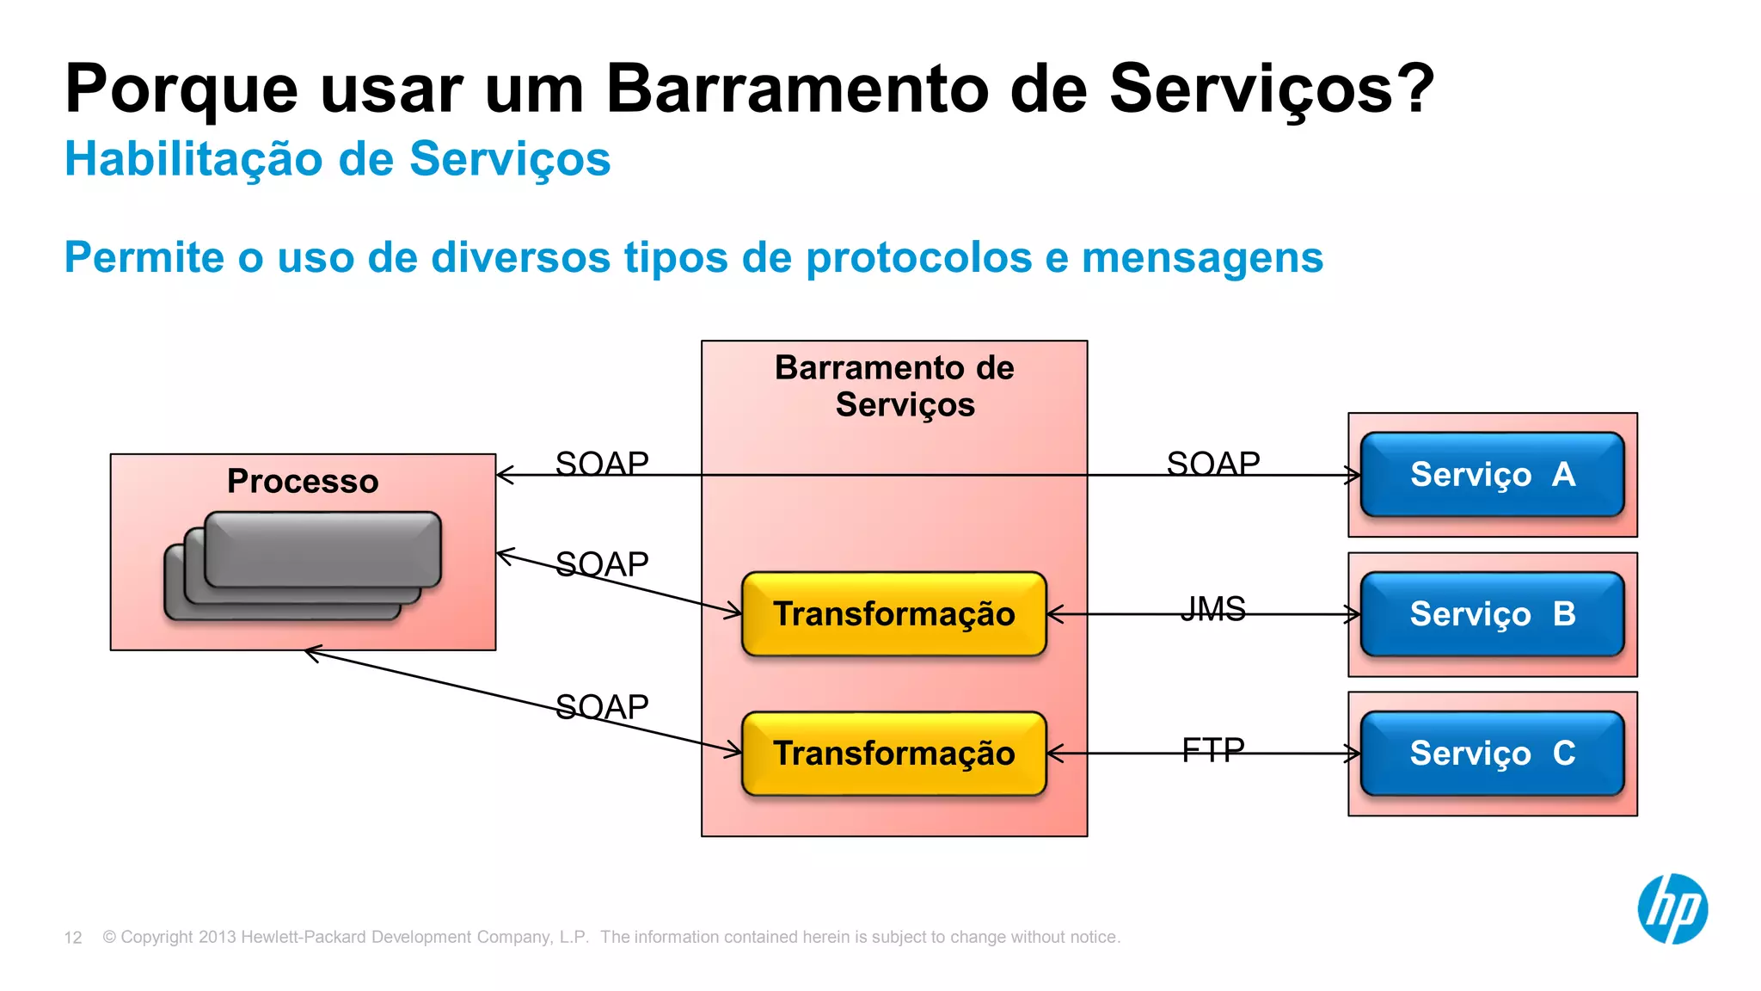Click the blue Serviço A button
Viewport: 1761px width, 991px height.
tap(1492, 474)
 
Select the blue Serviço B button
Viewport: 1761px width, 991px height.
tap(1492, 614)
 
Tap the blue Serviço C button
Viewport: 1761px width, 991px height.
tap(1492, 754)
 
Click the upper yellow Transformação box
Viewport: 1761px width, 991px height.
tap(893, 614)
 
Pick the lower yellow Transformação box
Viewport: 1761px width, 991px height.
tap(893, 754)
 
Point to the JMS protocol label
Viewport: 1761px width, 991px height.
tap(1212, 609)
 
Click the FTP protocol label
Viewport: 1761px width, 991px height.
tap(1212, 749)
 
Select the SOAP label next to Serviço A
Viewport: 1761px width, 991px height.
tap(1212, 464)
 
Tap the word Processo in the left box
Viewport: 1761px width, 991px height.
tap(303, 481)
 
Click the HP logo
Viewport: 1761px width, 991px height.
tap(1672, 908)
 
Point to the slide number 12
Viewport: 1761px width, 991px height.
tap(73, 938)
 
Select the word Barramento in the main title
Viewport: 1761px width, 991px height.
tap(798, 89)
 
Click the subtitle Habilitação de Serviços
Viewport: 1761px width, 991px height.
tap(337, 159)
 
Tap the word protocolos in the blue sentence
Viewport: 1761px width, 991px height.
tap(918, 257)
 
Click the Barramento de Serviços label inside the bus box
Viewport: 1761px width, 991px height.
tap(894, 385)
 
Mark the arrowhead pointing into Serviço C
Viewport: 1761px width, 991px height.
tap(1354, 754)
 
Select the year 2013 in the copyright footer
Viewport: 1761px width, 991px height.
tap(217, 937)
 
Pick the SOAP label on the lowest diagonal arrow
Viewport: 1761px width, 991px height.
tap(602, 706)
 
